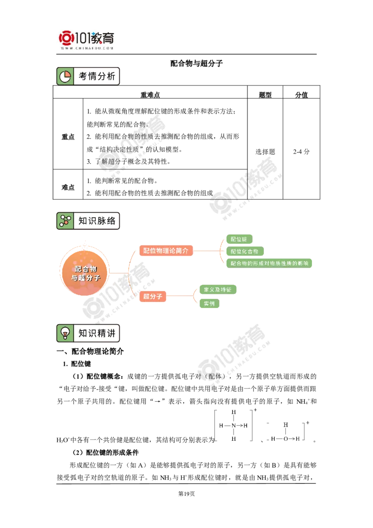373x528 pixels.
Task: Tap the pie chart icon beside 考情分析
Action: coord(65,76)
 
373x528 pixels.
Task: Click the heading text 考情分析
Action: coord(97,76)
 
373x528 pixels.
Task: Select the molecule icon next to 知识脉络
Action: coord(65,221)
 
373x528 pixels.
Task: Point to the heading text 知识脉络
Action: coord(97,221)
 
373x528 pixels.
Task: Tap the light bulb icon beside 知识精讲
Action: coord(65,333)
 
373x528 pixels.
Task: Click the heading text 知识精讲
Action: coord(97,333)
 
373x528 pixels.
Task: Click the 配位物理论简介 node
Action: coord(166,250)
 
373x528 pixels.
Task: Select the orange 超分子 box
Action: coord(152,296)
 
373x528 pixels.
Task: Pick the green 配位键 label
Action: coord(238,239)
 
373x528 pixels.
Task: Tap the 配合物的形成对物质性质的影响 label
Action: coord(269,264)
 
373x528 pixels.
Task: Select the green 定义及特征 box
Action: coord(217,290)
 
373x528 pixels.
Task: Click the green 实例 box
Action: coord(209,304)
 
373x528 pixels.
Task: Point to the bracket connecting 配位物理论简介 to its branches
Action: coord(219,251)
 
